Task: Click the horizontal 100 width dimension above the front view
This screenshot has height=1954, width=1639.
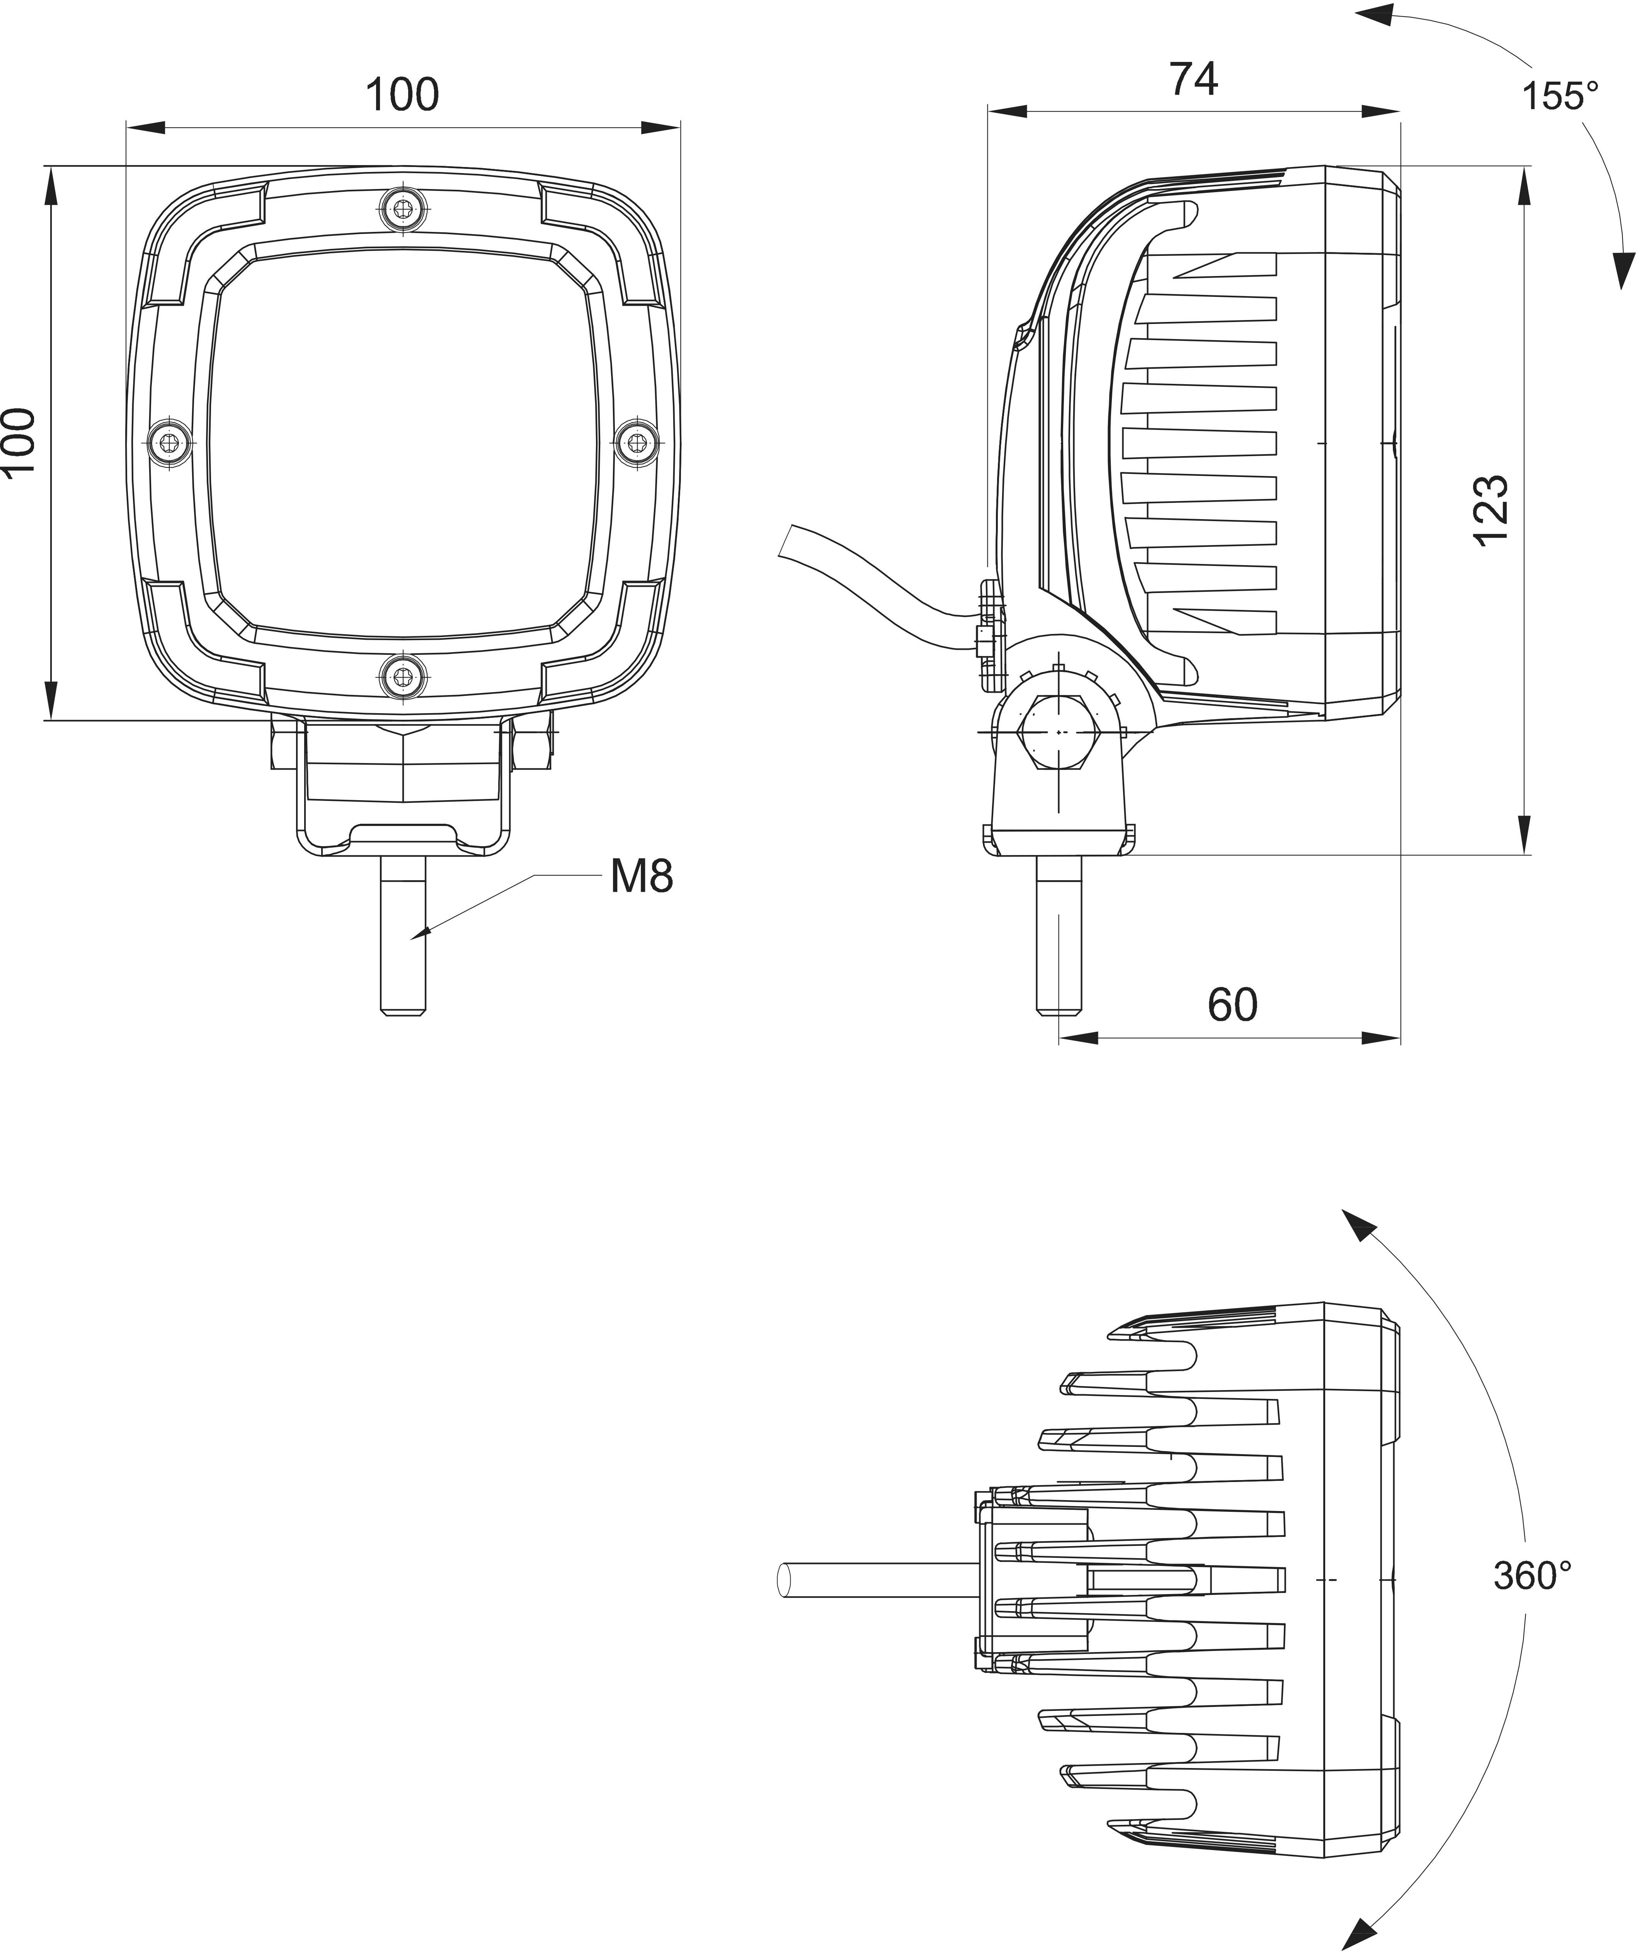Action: point(402,95)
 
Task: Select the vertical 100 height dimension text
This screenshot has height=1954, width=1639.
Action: point(19,442)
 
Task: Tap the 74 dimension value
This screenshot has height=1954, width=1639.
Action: point(1193,80)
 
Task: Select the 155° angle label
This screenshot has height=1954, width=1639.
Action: point(1560,96)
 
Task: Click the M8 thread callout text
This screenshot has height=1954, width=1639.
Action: point(641,877)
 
